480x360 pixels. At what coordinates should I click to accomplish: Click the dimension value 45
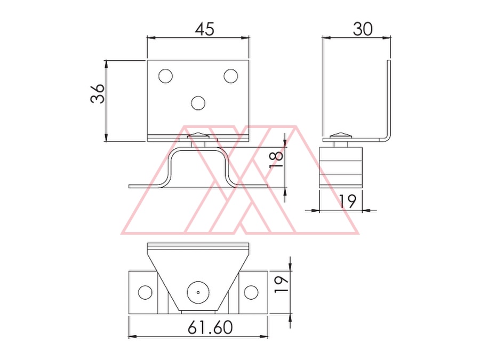205,29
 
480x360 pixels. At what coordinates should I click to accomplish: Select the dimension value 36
98,93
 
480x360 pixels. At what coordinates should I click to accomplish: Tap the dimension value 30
363,29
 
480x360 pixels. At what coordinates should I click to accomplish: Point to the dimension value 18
276,160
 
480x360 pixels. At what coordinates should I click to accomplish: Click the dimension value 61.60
210,327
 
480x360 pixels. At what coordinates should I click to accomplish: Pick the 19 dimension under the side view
348,201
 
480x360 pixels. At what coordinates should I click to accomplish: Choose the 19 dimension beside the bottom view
281,284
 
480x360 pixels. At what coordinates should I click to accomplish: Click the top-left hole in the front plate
166,76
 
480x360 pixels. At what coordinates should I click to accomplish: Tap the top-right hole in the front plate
231,76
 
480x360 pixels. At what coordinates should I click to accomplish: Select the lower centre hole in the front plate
198,103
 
